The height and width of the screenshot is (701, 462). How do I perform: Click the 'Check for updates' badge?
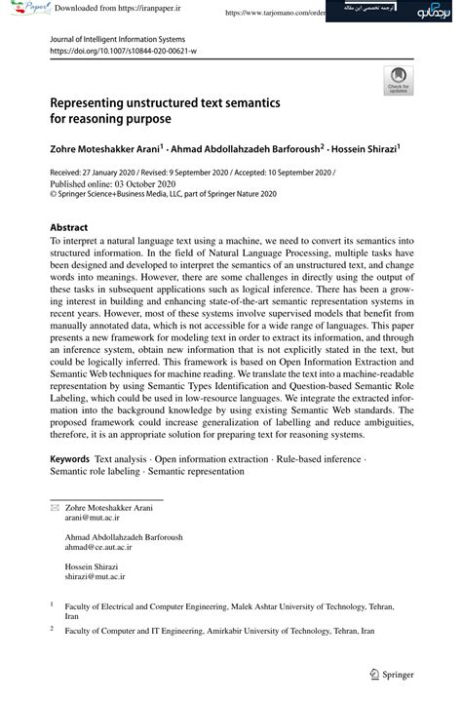click(398, 80)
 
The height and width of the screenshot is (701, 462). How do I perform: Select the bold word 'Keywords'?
click(69, 458)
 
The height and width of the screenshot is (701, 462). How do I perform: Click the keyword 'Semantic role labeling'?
click(96, 471)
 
